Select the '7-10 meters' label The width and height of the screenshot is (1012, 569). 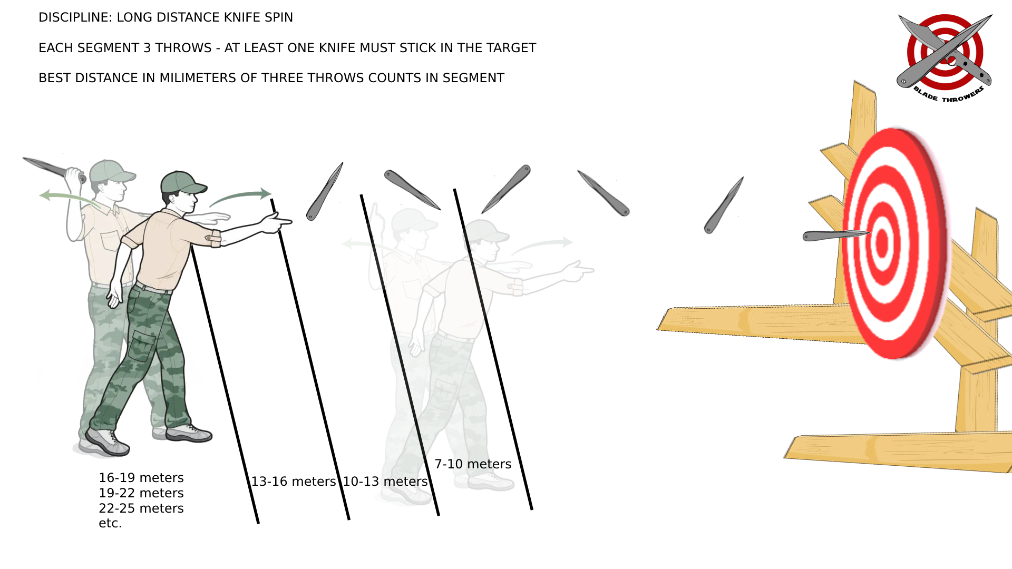(473, 464)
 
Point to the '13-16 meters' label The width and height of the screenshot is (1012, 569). (293, 482)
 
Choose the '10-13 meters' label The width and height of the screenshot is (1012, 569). (385, 482)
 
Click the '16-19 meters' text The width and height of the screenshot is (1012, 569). (141, 478)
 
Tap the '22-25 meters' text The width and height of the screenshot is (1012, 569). (141, 508)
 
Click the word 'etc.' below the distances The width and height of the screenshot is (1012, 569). (110, 523)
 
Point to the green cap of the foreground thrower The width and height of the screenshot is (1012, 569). (182, 182)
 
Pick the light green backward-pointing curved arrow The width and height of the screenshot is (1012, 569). (69, 198)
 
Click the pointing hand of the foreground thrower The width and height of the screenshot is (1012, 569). (277, 223)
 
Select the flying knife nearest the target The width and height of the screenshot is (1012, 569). (724, 205)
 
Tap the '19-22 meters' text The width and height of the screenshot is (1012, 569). (141, 493)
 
